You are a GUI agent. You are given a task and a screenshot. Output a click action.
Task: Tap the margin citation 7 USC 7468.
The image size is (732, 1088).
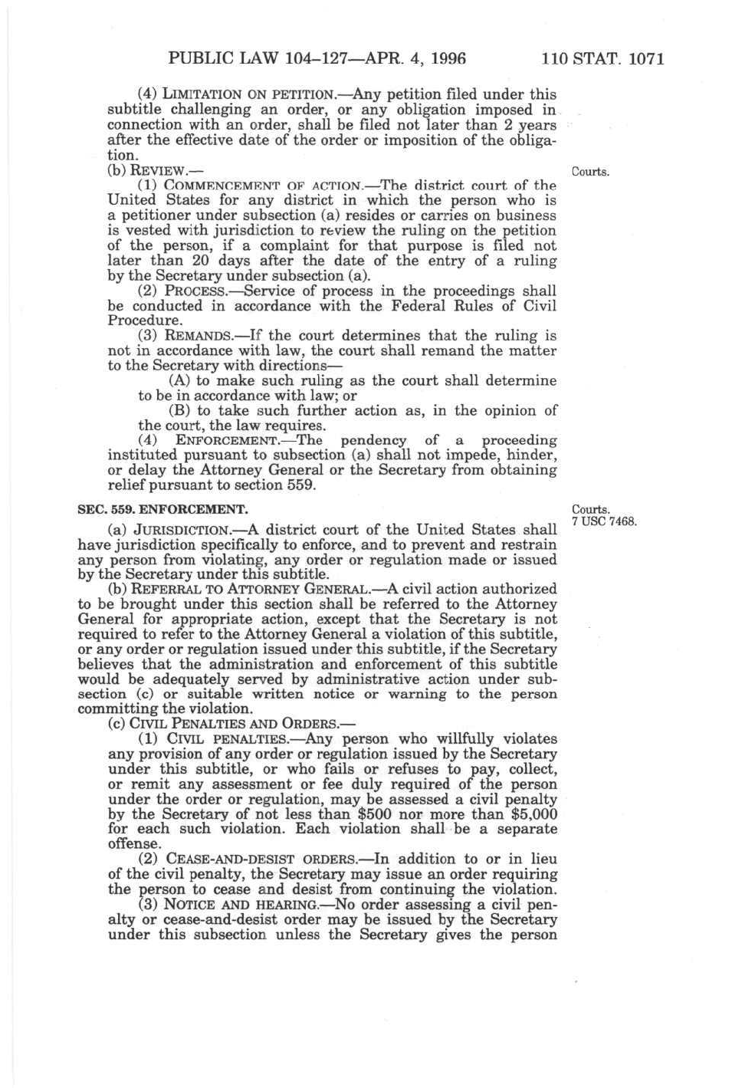click(605, 522)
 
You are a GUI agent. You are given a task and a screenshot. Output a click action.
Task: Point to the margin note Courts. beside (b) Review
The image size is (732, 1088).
click(590, 172)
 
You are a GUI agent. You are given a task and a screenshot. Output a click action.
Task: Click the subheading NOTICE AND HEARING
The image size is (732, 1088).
click(244, 905)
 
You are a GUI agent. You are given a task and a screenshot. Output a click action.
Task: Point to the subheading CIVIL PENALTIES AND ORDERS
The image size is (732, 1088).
click(235, 725)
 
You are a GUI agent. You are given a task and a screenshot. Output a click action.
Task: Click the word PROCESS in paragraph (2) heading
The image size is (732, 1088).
click(202, 291)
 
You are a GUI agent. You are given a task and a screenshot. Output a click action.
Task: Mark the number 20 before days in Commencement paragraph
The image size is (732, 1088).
click(202, 261)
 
